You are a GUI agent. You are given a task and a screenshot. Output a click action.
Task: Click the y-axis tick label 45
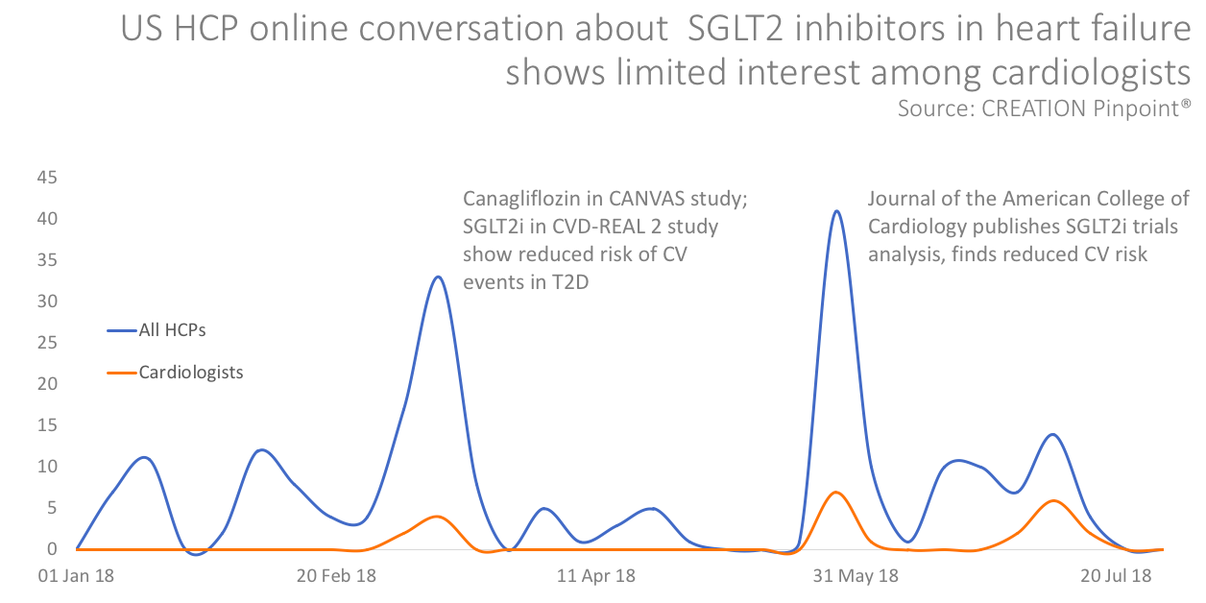[x=46, y=178]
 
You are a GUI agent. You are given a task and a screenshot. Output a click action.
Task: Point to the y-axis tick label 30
[x=46, y=301]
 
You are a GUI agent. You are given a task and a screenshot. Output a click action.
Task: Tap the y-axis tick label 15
[x=46, y=425]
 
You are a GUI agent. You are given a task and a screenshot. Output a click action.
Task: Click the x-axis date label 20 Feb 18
[x=336, y=576]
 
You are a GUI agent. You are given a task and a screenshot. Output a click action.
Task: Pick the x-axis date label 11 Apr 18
[x=595, y=576]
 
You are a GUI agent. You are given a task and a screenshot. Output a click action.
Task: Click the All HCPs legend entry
[x=172, y=330]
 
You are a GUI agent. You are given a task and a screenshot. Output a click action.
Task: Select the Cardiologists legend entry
[x=190, y=372]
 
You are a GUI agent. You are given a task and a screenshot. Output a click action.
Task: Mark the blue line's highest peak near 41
[x=837, y=211]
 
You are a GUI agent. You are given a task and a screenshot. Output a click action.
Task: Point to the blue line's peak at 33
[x=438, y=277]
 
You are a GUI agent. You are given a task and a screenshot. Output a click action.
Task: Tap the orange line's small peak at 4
[x=438, y=517]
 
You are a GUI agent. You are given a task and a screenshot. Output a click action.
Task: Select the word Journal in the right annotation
[x=899, y=200]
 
